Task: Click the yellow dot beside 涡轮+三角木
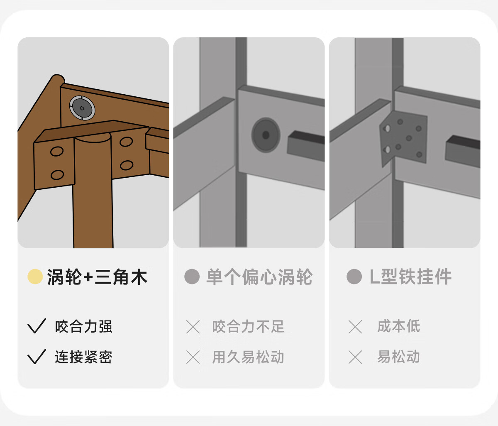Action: click(35, 277)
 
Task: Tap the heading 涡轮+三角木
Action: click(97, 277)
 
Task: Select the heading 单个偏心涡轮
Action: click(259, 277)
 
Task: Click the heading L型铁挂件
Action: click(410, 277)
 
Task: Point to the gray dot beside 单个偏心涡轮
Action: click(192, 277)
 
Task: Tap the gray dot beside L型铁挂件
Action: click(354, 277)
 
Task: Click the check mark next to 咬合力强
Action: click(37, 326)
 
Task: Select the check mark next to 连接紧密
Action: click(37, 357)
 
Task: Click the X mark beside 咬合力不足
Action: click(193, 327)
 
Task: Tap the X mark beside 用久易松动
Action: click(193, 357)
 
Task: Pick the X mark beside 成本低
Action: click(355, 327)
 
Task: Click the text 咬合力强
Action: click(83, 327)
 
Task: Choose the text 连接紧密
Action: click(83, 357)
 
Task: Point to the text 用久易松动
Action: click(248, 357)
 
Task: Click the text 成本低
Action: click(399, 326)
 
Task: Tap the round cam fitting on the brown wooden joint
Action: click(82, 108)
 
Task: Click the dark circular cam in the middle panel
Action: click(266, 135)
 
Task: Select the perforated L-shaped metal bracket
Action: click(403, 139)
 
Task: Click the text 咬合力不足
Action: click(248, 327)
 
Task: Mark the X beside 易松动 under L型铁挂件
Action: click(355, 357)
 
